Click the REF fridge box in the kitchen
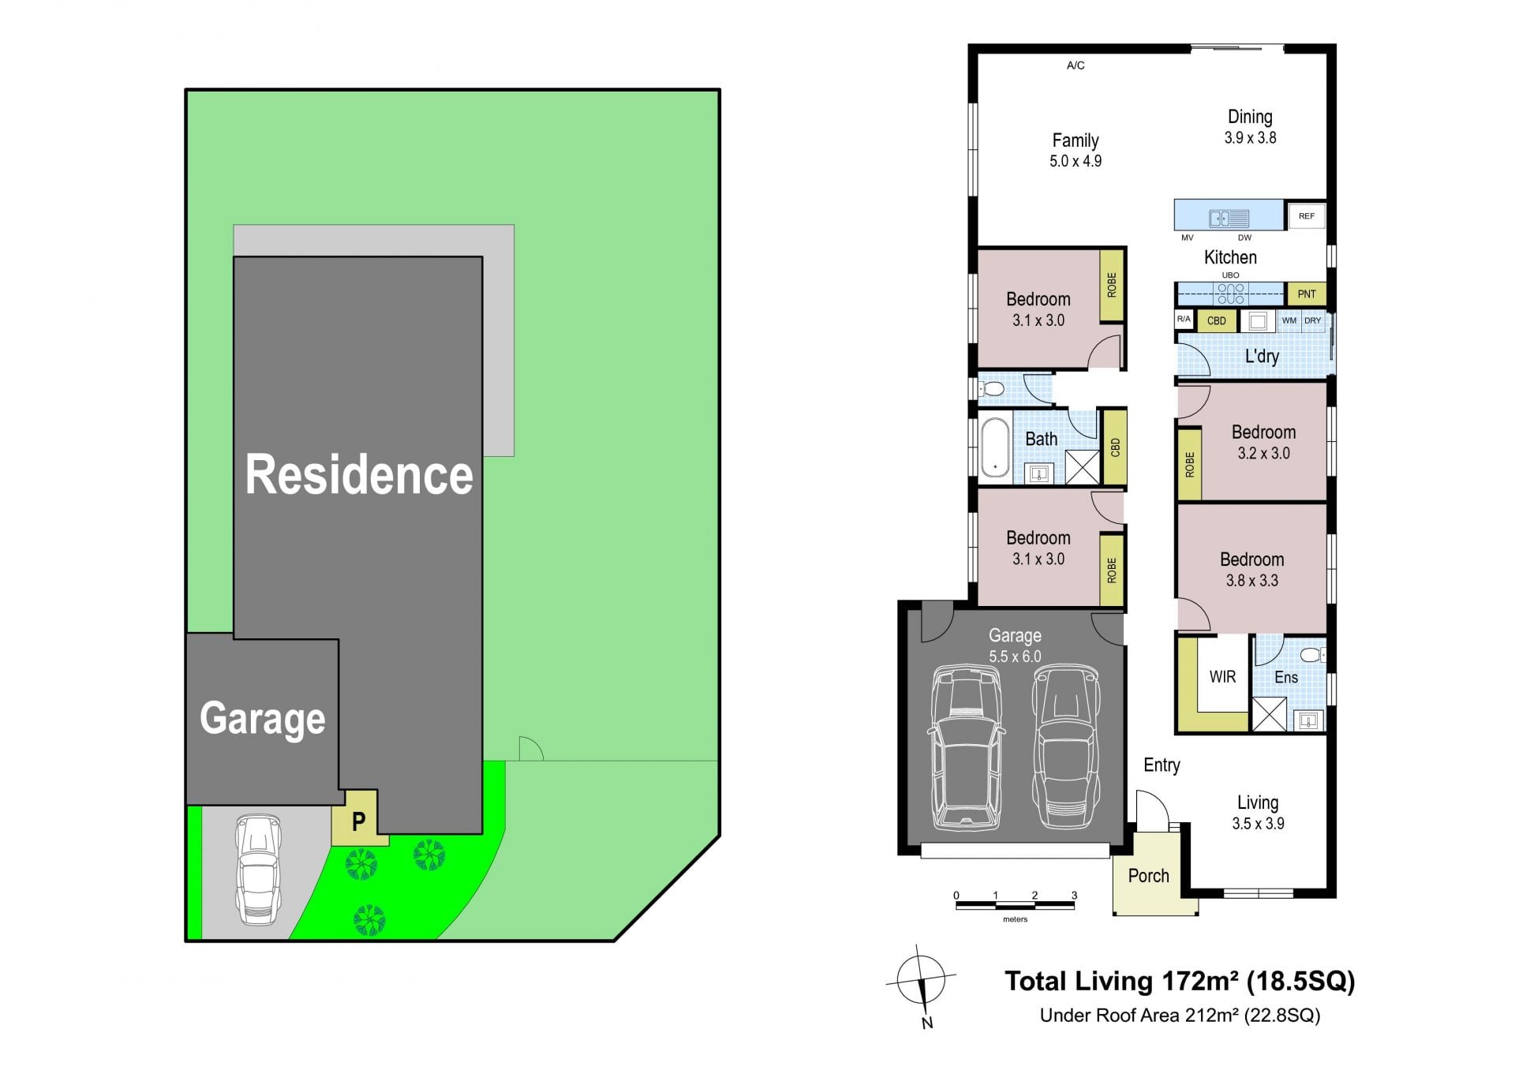click(1306, 215)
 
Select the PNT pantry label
click(1307, 294)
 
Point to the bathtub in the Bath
click(995, 447)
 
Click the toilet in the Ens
click(1311, 655)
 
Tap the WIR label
click(1222, 677)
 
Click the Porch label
click(1148, 876)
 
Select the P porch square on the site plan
click(359, 821)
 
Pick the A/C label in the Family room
click(1075, 65)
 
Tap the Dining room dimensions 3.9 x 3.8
click(1250, 138)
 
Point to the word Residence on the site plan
click(359, 475)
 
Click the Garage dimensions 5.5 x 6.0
click(1015, 657)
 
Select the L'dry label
click(1262, 357)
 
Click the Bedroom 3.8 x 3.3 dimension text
click(1251, 581)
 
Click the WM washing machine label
click(1289, 320)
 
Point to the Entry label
click(1161, 765)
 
